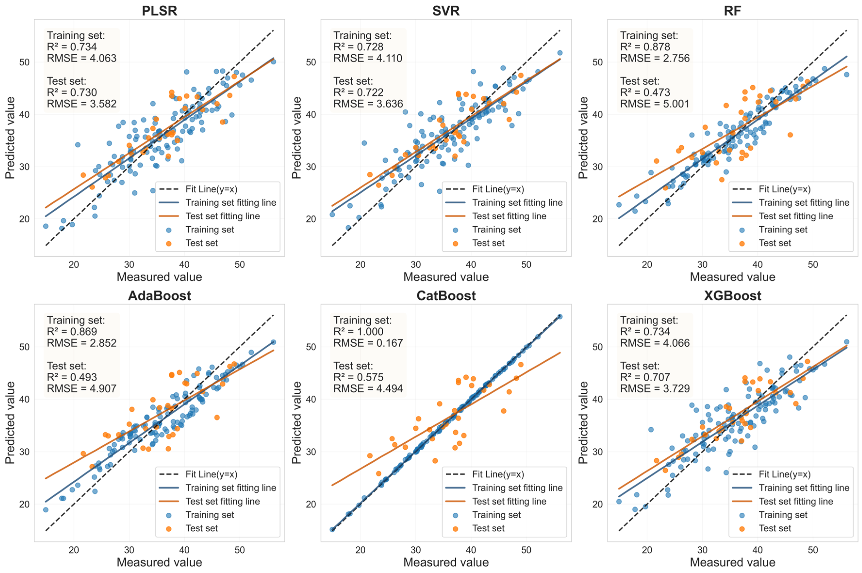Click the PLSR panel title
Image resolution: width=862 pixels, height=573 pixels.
(x=159, y=11)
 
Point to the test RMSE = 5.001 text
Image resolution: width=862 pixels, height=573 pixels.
(x=655, y=104)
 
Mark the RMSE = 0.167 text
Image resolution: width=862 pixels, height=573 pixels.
(x=368, y=343)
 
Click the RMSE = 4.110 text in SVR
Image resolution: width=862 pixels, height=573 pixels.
(x=368, y=58)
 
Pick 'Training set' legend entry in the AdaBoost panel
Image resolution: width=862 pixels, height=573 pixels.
(x=210, y=515)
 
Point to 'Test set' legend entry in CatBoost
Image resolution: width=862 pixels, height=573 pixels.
(x=488, y=528)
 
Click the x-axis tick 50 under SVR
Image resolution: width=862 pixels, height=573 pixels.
(x=526, y=265)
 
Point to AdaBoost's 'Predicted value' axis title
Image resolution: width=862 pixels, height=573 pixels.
(x=10, y=422)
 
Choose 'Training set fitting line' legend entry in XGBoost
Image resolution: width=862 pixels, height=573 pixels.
(x=804, y=488)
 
